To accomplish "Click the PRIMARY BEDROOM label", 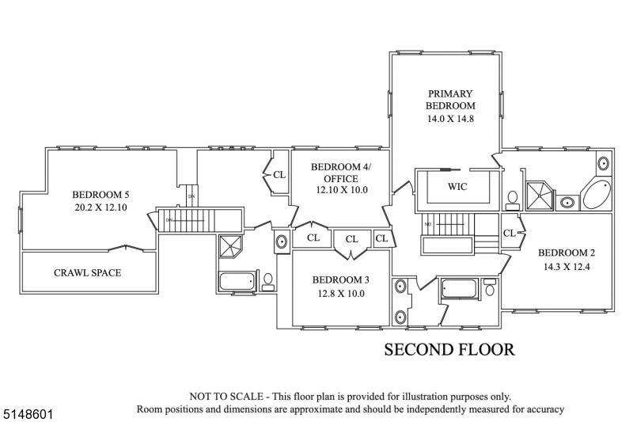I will point(449,99).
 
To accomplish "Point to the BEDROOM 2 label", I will point(566,253).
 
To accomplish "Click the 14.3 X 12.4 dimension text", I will point(566,267).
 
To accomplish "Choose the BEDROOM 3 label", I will point(340,279).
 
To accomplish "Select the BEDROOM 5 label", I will point(100,195).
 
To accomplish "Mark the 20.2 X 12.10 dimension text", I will point(100,208).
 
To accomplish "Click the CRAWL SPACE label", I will point(87,273).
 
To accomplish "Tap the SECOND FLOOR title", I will point(449,349).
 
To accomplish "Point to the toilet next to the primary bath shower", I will point(513,199).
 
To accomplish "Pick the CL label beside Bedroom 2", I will point(509,233).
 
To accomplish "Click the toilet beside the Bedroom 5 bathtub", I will point(267,280).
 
